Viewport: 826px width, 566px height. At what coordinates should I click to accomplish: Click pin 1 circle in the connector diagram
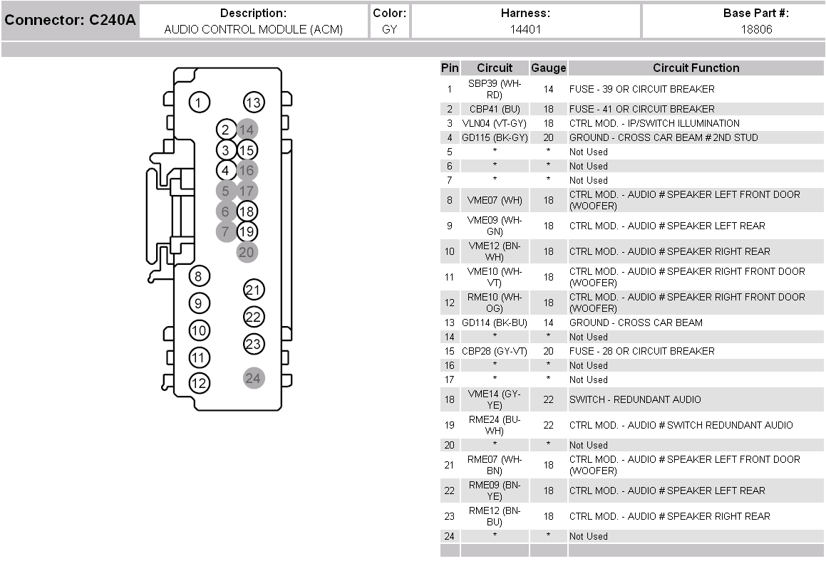(x=199, y=103)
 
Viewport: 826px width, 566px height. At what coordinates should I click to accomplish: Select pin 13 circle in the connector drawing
(x=254, y=103)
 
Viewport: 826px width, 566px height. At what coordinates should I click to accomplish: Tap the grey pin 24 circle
(x=253, y=378)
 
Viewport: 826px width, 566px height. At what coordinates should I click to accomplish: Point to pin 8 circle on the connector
(x=199, y=276)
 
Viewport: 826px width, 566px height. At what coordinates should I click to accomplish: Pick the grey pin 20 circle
(x=247, y=252)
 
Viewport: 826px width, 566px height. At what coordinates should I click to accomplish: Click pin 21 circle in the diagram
(x=254, y=290)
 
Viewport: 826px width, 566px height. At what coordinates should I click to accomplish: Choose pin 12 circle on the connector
(x=199, y=384)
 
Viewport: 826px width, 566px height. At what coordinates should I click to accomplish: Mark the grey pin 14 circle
(x=247, y=130)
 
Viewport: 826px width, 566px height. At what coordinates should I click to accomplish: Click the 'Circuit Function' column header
(x=696, y=68)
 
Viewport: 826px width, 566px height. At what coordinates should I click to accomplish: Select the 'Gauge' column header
(x=548, y=68)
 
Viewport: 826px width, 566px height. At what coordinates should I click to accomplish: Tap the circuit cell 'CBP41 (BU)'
(x=495, y=109)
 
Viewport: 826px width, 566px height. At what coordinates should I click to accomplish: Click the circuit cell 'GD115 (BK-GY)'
(x=495, y=137)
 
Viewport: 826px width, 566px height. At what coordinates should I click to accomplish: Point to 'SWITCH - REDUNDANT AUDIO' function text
(x=634, y=399)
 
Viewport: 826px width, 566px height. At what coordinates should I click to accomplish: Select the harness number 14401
(x=525, y=29)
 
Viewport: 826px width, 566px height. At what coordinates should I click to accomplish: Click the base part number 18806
(x=756, y=29)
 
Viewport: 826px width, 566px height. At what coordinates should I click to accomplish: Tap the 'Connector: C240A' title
(x=70, y=20)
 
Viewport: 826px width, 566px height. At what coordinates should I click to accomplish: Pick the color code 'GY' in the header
(x=389, y=29)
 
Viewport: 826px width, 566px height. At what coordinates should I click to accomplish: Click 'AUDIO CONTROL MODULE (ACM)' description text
(x=253, y=29)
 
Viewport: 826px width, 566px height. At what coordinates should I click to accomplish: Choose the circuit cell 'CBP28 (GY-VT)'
(x=495, y=351)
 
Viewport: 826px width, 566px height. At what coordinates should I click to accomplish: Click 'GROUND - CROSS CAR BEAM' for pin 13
(x=635, y=323)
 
